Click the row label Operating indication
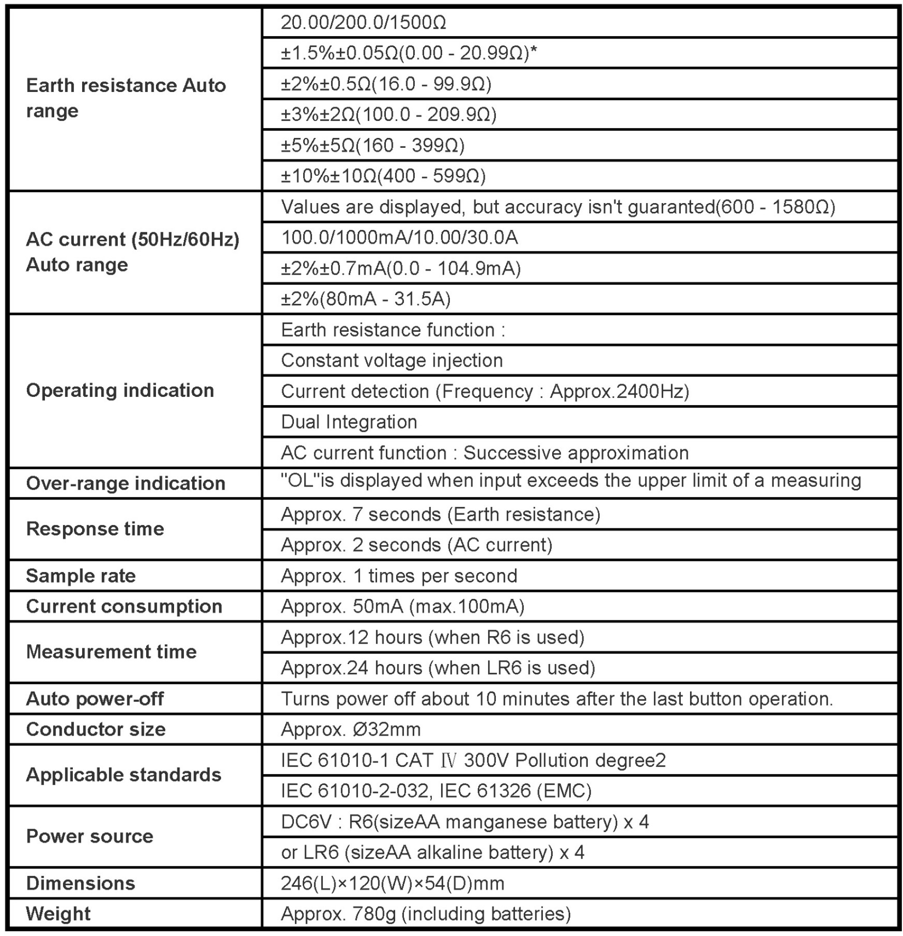[x=120, y=391]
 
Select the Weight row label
[x=58, y=914]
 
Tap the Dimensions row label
[x=80, y=883]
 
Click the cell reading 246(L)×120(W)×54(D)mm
[x=393, y=883]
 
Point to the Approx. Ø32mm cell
[x=351, y=729]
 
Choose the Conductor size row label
[x=96, y=729]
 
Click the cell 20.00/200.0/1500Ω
[x=363, y=22]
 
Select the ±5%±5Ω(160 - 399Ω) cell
[x=372, y=145]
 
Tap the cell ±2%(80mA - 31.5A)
[x=366, y=299]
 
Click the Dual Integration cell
[x=349, y=422]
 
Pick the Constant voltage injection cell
[x=392, y=360]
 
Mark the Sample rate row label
[x=81, y=576]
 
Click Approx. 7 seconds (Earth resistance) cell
[x=440, y=514]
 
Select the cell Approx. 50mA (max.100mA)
[x=402, y=606]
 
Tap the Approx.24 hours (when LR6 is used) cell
[x=438, y=668]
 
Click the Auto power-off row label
[x=95, y=699]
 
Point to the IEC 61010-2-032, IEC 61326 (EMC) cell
[x=436, y=791]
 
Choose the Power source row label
[x=89, y=836]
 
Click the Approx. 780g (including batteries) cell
[x=426, y=914]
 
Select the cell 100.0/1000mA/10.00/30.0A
[x=399, y=237]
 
